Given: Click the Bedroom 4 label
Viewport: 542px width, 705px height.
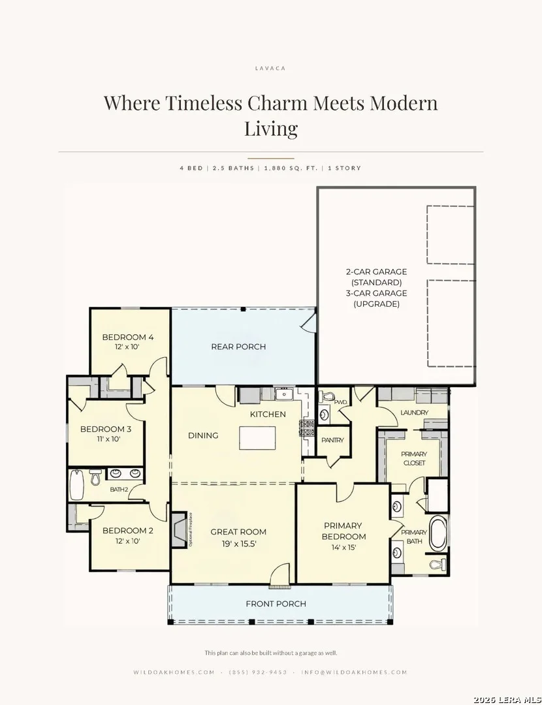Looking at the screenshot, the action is (128, 337).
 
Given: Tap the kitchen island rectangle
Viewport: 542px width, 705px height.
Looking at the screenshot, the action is (257, 438).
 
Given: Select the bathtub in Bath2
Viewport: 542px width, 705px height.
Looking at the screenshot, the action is (76, 484).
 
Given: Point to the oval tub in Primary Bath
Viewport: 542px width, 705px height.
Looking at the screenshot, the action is (438, 534).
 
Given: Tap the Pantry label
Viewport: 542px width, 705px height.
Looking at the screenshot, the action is (332, 440).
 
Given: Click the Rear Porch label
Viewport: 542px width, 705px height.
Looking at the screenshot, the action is (238, 347).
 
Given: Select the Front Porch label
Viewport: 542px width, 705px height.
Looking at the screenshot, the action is (276, 604).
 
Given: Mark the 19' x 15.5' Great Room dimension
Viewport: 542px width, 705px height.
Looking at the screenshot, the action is (239, 544).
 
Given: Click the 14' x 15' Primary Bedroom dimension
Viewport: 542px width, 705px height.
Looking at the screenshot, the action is (343, 548).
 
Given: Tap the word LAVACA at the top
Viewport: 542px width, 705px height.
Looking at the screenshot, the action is (270, 69).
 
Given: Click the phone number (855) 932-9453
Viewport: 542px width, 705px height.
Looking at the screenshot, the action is (258, 672).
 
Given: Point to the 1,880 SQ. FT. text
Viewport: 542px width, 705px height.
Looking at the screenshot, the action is (291, 168).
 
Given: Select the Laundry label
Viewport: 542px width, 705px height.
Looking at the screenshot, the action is (414, 413).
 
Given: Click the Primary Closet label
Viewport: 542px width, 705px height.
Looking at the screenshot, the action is (414, 459).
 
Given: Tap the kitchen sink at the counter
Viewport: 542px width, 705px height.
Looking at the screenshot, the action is (284, 394).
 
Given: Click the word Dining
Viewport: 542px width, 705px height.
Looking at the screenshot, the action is (203, 435).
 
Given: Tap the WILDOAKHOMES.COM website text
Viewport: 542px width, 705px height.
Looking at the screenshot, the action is (174, 672).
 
